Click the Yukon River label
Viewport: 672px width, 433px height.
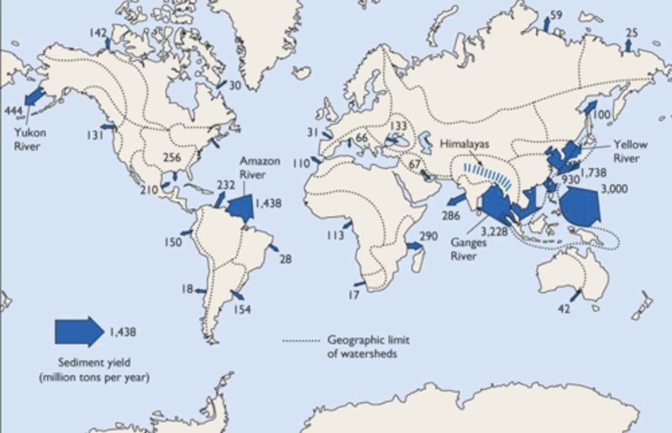30,139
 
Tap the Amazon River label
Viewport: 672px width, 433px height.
260,168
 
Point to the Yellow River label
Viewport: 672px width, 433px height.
630,151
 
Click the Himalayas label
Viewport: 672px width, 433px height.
464,144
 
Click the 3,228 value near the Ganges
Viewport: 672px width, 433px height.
494,230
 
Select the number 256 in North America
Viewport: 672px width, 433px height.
172,157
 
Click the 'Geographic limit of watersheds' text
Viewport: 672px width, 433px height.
362,346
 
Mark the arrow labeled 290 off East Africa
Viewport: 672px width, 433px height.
413,246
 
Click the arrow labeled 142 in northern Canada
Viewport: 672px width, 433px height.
108,43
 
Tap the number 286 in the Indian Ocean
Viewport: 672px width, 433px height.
451,215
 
